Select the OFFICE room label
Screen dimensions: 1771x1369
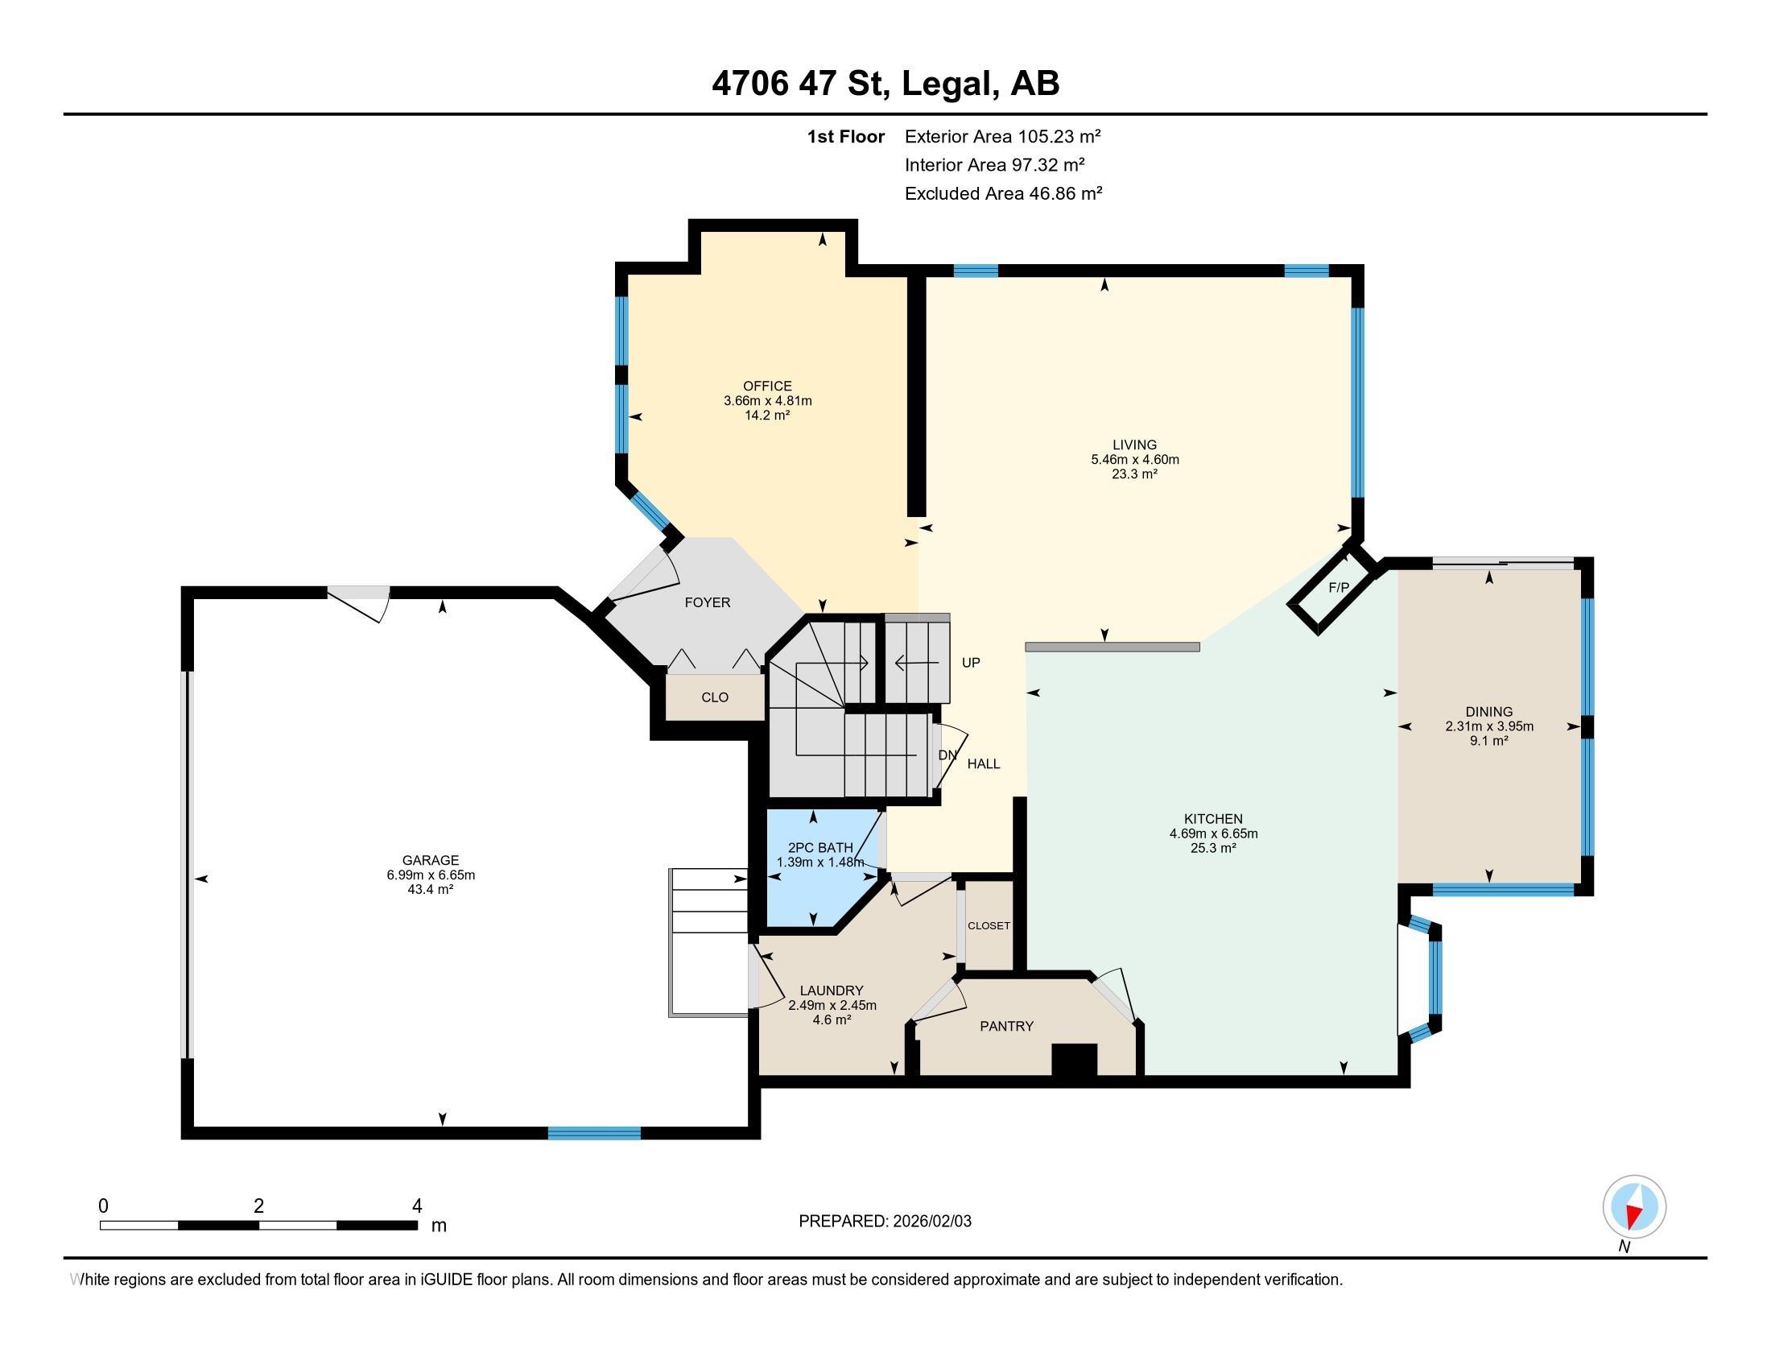point(767,386)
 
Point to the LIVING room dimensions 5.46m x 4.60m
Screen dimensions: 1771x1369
point(1134,460)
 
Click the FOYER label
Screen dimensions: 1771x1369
point(707,602)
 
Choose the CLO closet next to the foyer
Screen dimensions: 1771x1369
point(715,697)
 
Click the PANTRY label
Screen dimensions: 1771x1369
point(1006,1027)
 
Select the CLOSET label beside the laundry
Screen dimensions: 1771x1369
point(989,926)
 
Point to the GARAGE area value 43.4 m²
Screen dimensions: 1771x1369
point(430,890)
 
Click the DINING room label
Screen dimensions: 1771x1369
point(1488,712)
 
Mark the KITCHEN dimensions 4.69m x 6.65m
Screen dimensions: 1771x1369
point(1213,833)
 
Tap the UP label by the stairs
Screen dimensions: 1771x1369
point(971,663)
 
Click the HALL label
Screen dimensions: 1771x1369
point(984,764)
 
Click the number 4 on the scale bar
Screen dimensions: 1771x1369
point(417,1206)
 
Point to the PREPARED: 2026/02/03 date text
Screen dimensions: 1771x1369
point(885,1222)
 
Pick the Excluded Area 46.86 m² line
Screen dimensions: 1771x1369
point(1003,194)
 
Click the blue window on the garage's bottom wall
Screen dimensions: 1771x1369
point(594,1133)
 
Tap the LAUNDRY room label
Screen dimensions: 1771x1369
point(832,991)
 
